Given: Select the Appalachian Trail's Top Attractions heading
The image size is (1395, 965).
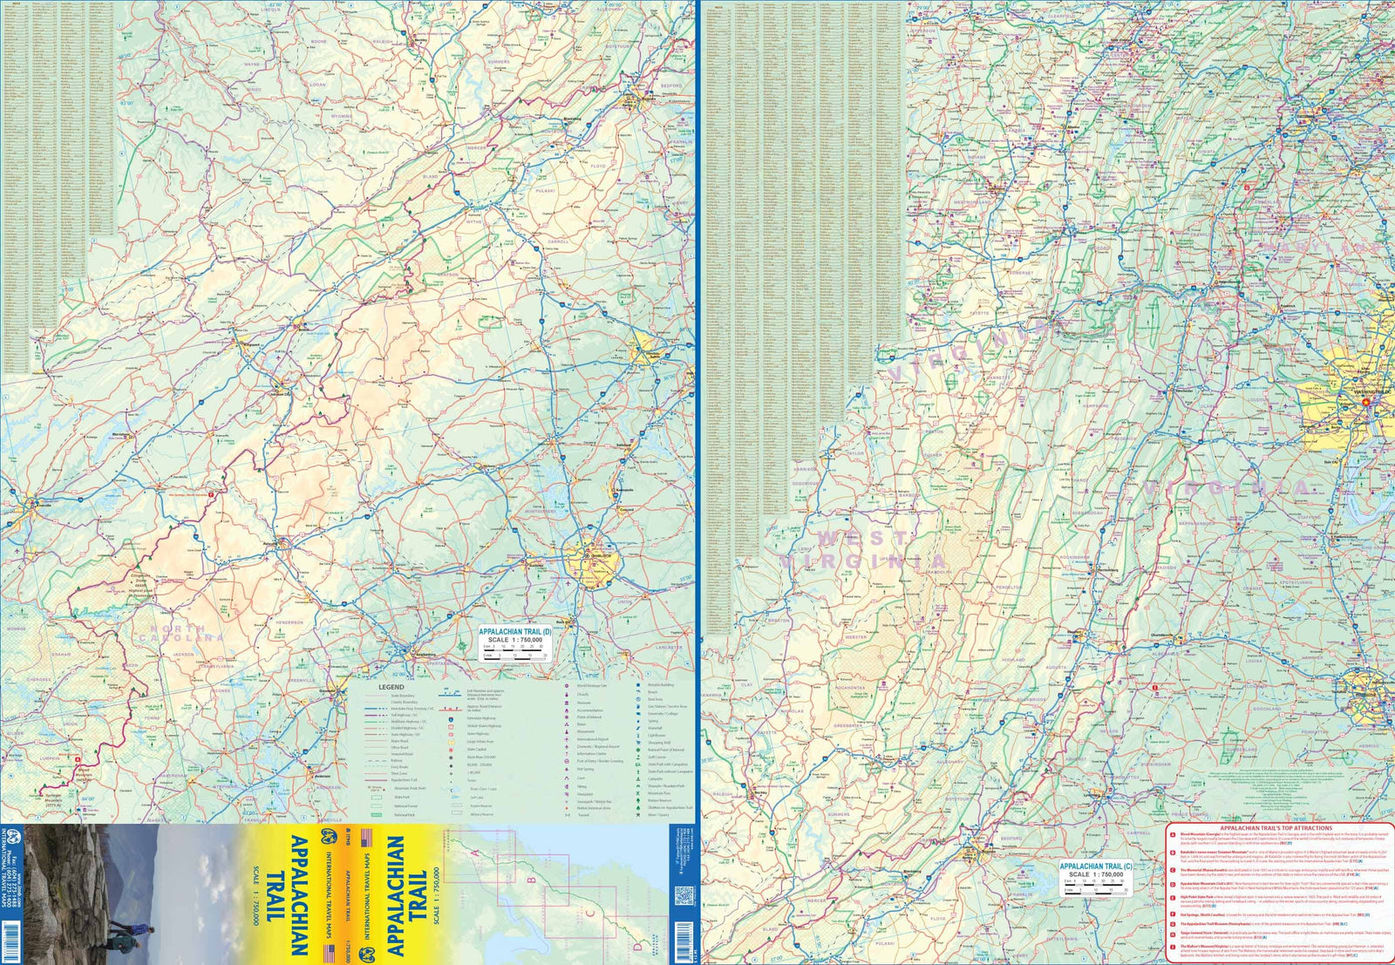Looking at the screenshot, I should pyautogui.click(x=1280, y=827).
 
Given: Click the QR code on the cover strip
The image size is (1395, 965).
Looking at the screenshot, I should pyautogui.click(x=684, y=895).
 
